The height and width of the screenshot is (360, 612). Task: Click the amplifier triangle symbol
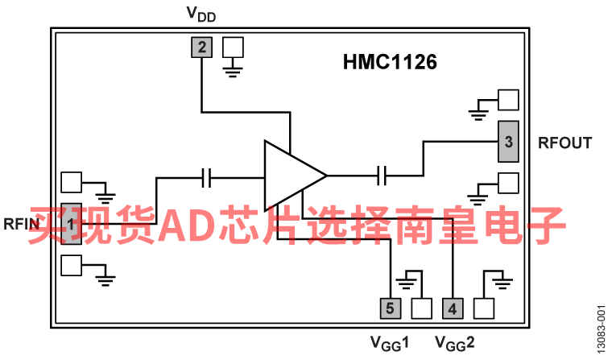(292, 175)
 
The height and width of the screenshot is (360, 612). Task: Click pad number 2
(201, 48)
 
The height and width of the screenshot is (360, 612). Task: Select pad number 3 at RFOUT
(507, 142)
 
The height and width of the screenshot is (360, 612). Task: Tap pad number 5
(390, 308)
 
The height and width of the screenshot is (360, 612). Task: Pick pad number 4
(453, 308)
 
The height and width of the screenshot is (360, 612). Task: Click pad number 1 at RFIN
(72, 222)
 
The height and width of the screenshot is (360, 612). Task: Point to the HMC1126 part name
(391, 63)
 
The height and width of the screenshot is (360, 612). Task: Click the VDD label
(201, 14)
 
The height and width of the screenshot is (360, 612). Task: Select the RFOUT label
(564, 143)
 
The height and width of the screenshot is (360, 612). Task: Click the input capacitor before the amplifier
(207, 177)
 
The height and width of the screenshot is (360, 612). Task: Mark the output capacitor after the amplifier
(383, 174)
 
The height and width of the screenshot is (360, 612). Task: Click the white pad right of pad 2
(233, 47)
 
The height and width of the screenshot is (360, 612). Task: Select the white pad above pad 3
(508, 100)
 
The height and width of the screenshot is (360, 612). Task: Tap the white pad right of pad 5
(421, 308)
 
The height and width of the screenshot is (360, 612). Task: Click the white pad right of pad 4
(484, 308)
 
